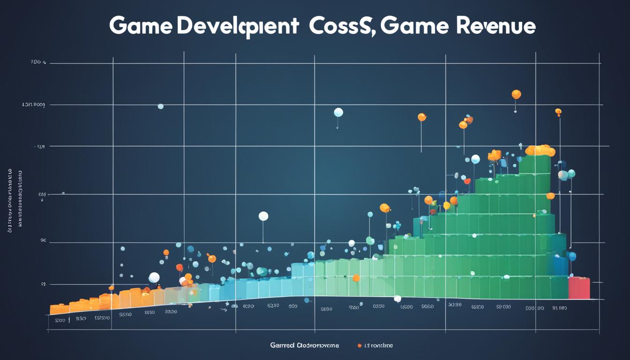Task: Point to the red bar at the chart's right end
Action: point(579,288)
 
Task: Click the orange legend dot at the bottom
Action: point(360,346)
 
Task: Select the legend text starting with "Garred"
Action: point(304,346)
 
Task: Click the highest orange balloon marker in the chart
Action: point(516,94)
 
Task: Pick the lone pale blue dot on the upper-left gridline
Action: point(160,106)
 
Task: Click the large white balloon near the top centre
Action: point(338,112)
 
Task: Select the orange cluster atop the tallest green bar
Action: point(540,150)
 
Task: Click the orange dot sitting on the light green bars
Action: point(356,278)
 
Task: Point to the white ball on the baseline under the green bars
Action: point(397,299)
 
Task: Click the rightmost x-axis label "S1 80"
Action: point(559,308)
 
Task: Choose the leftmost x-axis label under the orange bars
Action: point(60,321)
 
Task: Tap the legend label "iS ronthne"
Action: point(379,346)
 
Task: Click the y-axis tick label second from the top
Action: point(33,105)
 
